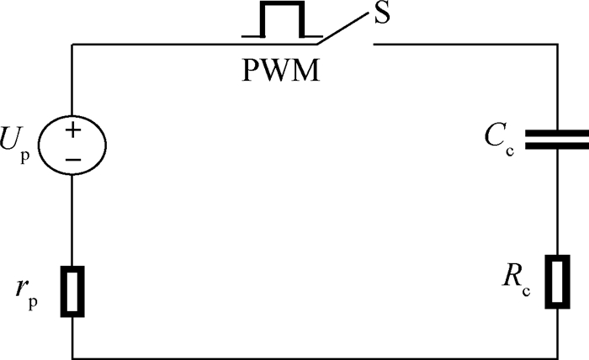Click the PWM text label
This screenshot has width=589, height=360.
pyautogui.click(x=281, y=70)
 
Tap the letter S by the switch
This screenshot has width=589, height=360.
pyautogui.click(x=382, y=14)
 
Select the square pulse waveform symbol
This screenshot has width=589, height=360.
pyautogui.click(x=282, y=20)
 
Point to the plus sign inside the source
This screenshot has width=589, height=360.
pyautogui.click(x=73, y=130)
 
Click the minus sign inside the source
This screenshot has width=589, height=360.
pyautogui.click(x=73, y=160)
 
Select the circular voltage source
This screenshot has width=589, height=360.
pyautogui.click(x=72, y=145)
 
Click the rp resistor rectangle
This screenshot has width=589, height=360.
pyautogui.click(x=72, y=292)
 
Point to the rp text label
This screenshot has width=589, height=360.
pyautogui.click(x=27, y=294)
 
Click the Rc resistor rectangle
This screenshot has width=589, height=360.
pyautogui.click(x=557, y=282)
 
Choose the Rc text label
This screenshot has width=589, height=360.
pyautogui.click(x=516, y=283)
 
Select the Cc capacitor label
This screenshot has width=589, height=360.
pyautogui.click(x=499, y=140)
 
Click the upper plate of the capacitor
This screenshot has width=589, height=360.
pyautogui.click(x=557, y=133)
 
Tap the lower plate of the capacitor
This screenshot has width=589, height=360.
pyautogui.click(x=557, y=146)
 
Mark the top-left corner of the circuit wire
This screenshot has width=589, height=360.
pyautogui.click(x=72, y=45)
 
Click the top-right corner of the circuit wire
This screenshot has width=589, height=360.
pyautogui.click(x=557, y=45)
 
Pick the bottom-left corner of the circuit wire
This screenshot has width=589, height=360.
pyautogui.click(x=72, y=358)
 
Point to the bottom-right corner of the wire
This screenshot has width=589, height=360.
pyautogui.click(x=557, y=358)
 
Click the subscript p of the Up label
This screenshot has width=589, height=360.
pyautogui.click(x=24, y=156)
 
